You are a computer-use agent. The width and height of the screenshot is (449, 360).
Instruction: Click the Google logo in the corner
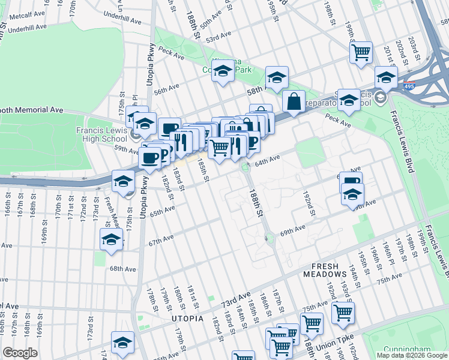[x=20, y=353]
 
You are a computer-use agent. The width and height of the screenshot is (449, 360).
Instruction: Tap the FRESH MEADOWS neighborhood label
[x=333, y=270]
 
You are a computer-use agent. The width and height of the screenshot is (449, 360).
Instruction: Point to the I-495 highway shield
[x=410, y=86]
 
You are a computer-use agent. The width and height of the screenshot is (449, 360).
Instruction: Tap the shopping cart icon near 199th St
[x=361, y=52]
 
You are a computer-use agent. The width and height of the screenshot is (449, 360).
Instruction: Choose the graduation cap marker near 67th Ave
[x=111, y=239]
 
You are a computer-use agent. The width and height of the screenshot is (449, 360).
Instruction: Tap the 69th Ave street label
[x=294, y=230]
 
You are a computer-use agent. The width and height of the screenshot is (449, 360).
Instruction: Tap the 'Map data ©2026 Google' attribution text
[x=411, y=355]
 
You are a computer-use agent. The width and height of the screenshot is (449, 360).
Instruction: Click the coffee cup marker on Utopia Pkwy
[x=149, y=158]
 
